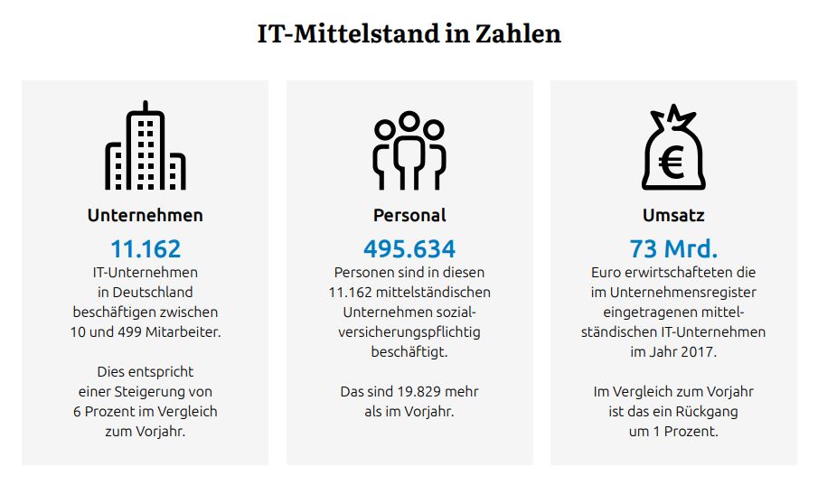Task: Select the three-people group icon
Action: coord(409,151)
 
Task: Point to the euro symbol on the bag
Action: coord(672,163)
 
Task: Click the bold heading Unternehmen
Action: coord(146,215)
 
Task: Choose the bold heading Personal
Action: coord(409,215)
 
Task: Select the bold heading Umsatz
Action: coord(673,215)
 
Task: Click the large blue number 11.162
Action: coord(146,248)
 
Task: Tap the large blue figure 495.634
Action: coord(409,248)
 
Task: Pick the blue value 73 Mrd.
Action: coord(673,248)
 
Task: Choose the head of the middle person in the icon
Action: coord(409,120)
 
